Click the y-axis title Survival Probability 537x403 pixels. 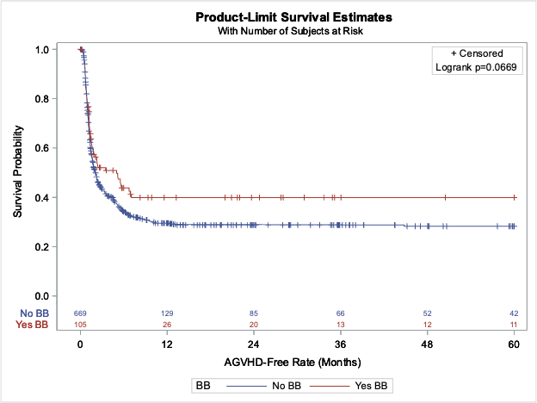(x=17, y=172)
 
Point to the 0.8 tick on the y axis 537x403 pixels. (x=40, y=99)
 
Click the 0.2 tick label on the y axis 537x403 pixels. (x=40, y=247)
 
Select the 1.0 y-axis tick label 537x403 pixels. (x=40, y=50)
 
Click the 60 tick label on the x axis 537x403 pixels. (x=514, y=343)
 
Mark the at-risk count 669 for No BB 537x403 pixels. (x=81, y=313)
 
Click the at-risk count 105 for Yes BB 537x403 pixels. (x=81, y=324)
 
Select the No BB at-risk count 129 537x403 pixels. (x=168, y=313)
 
